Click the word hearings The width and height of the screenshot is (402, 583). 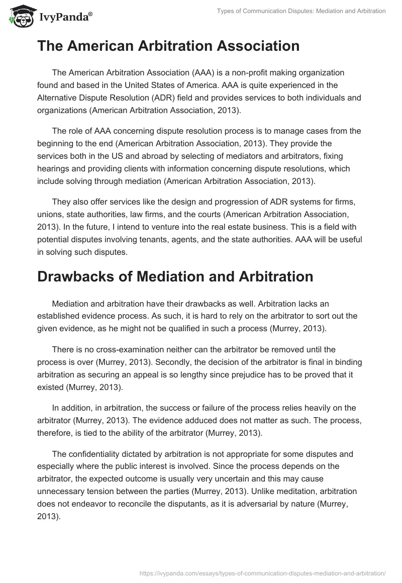pyautogui.click(x=55, y=155)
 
